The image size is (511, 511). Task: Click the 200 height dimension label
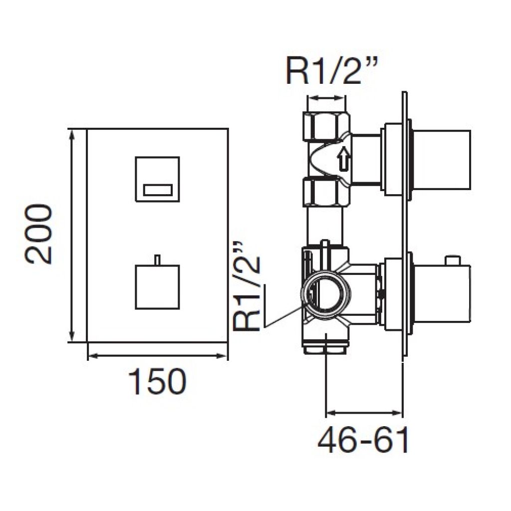pos(38,234)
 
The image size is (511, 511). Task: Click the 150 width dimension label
pos(157,381)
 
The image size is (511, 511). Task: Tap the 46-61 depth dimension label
pos(363,440)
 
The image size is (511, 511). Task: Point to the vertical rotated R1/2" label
pos(248,286)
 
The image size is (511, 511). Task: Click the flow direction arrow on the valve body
pos(343,159)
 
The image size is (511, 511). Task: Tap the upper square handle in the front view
pos(157,179)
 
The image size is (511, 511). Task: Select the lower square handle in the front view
pos(157,287)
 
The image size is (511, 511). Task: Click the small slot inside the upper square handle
pos(158,190)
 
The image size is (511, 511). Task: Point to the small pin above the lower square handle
pos(158,259)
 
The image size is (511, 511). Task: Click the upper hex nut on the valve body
pos(326,126)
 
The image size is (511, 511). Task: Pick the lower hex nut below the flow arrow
pos(326,192)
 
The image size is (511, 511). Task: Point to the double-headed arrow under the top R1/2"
pos(326,97)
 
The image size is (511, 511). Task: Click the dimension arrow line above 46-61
pos(364,413)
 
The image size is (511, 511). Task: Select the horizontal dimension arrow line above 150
pos(157,356)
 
